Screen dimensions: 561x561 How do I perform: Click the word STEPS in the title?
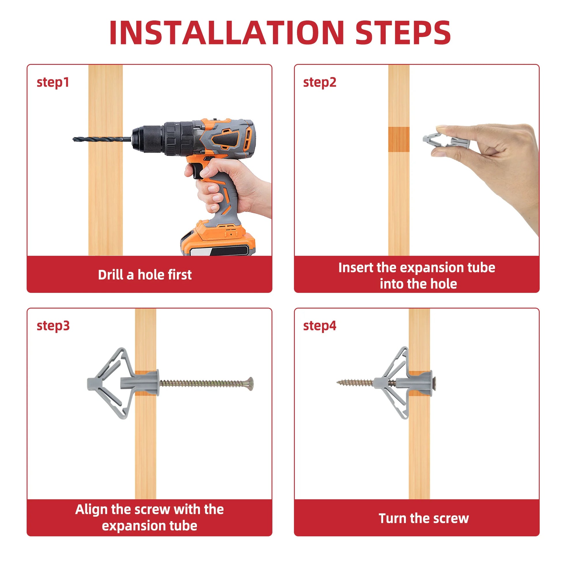(403, 33)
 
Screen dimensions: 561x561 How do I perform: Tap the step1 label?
(53, 82)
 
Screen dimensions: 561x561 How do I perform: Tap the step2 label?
(320, 82)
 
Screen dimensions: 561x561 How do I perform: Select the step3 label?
(53, 326)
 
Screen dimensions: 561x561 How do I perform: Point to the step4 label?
(320, 326)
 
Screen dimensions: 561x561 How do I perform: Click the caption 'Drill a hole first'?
(145, 275)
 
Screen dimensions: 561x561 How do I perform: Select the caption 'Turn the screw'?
(424, 519)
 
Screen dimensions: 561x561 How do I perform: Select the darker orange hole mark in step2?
(399, 139)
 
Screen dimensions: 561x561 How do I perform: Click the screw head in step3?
(250, 384)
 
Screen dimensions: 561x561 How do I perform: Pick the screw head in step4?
(434, 383)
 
